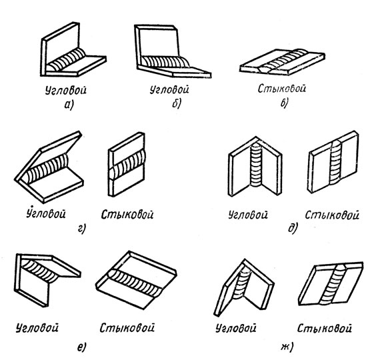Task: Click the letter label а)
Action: pos(69,105)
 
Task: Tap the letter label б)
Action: pos(177,103)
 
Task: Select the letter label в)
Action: pos(285,103)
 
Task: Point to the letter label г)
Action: pos(81,229)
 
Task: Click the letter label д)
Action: pos(293,228)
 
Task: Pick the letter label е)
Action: pos(81,347)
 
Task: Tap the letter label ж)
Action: pos(287,347)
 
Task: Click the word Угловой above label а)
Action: pos(66,91)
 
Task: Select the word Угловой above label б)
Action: pos(169,89)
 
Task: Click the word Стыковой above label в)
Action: pos(282,88)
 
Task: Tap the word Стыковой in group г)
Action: pos(127,214)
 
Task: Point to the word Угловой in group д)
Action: pos(248,215)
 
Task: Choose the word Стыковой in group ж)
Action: pos(325,328)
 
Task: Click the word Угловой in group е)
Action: pos(37,327)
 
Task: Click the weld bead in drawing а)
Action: pos(66,59)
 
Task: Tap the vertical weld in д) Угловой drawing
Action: pos(256,165)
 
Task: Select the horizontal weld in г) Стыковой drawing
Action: pos(127,165)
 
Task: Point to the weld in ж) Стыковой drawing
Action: pos(333,284)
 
